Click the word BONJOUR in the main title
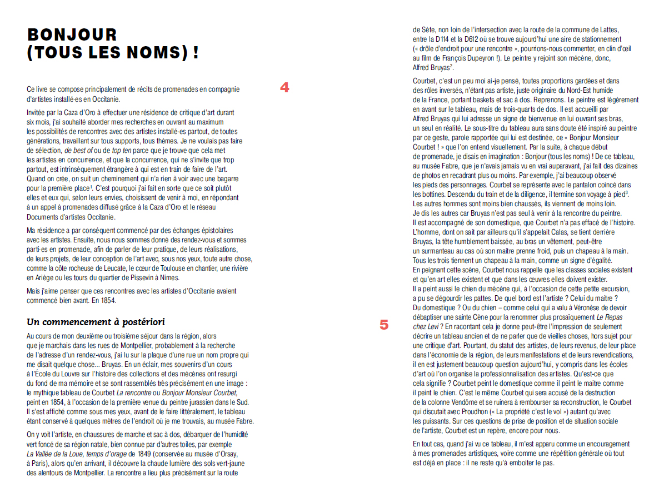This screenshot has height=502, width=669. point(72,35)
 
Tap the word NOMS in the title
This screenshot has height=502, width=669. point(155,53)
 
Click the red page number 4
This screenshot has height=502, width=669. point(284,87)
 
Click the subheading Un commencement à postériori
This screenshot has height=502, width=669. point(96,322)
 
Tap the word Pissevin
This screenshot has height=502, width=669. point(134,277)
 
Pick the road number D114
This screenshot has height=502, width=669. point(438,39)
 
